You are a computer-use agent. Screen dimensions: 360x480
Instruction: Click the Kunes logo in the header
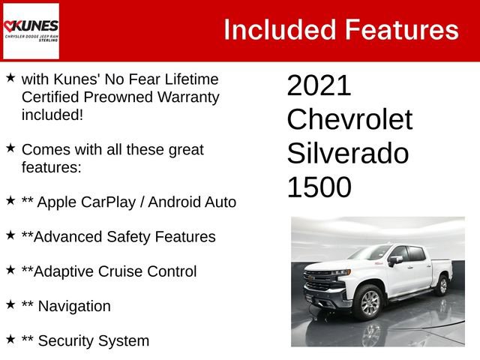tap(31, 31)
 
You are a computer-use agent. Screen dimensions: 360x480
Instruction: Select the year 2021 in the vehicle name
tap(319, 86)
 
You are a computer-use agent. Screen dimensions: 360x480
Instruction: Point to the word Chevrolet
tap(349, 120)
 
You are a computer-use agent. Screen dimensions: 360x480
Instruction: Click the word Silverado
tap(348, 154)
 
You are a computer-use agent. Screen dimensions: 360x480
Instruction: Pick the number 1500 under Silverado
tap(319, 187)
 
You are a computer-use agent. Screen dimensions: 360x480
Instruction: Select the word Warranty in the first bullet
tap(184, 97)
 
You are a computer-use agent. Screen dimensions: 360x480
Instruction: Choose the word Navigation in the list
tap(74, 306)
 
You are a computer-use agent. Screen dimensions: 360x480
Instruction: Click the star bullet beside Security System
tap(10, 339)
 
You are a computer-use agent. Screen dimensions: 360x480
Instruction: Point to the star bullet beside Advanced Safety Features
tap(10, 235)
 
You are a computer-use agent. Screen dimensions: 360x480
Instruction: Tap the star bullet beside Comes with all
tap(10, 148)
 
